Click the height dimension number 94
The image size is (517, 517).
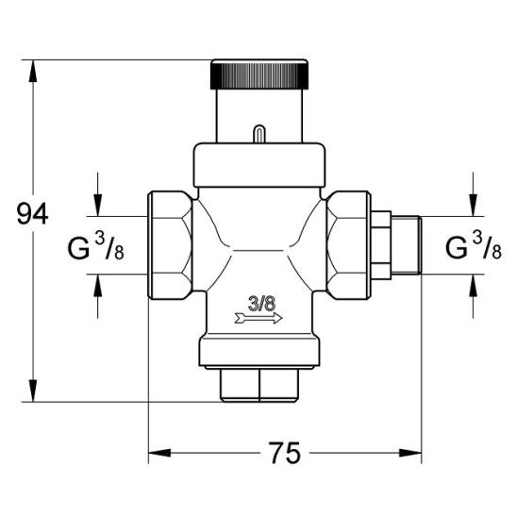(x=32, y=214)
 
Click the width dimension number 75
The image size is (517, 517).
(x=285, y=453)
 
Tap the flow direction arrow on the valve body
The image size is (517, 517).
(x=258, y=318)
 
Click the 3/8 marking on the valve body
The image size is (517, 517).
(x=261, y=304)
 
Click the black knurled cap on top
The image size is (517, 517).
(x=259, y=75)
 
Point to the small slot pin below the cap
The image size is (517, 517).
(x=259, y=134)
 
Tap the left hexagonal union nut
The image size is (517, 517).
(x=170, y=245)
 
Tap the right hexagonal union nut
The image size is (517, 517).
(x=348, y=245)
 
